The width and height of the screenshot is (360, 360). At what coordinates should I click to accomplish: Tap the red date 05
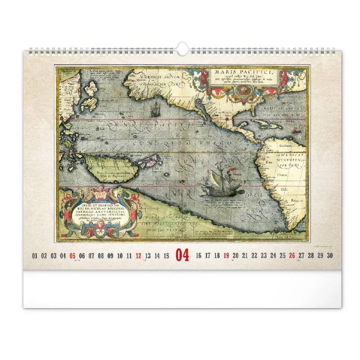[72, 256]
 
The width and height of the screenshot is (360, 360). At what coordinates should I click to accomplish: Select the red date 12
[138, 256]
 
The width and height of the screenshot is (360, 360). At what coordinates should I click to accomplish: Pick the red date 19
[226, 256]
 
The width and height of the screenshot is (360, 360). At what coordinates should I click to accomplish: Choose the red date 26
[292, 256]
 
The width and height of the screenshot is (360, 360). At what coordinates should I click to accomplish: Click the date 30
[330, 256]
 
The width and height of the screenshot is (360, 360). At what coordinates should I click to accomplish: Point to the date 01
[35, 256]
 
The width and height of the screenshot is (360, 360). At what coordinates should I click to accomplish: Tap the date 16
[198, 256]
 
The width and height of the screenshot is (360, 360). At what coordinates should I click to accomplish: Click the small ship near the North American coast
[155, 108]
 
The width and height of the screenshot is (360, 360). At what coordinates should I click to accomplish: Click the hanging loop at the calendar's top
[182, 48]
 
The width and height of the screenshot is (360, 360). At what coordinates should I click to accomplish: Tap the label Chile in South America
[283, 189]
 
